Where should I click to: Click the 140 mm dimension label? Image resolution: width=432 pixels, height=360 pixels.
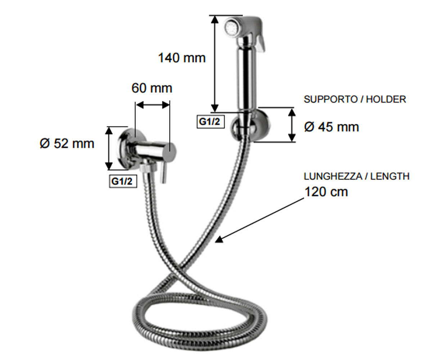point(182,58)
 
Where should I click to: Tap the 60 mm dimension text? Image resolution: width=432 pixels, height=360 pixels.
point(152,88)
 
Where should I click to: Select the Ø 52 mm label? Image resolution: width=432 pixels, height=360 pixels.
point(67,143)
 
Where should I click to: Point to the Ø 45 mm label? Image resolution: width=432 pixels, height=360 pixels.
point(332,127)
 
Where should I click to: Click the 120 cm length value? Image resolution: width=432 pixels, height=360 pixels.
point(326,192)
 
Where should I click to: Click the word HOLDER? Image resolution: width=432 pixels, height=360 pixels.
point(386,99)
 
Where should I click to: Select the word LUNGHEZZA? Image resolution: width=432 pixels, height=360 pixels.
point(333,176)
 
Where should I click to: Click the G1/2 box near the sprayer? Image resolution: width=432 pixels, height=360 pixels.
point(210,122)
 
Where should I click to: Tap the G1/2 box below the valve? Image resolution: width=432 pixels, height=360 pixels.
point(123,181)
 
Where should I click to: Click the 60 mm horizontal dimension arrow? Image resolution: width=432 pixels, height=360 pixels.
point(153,105)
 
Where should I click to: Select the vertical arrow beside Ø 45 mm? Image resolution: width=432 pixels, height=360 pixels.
point(292,125)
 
